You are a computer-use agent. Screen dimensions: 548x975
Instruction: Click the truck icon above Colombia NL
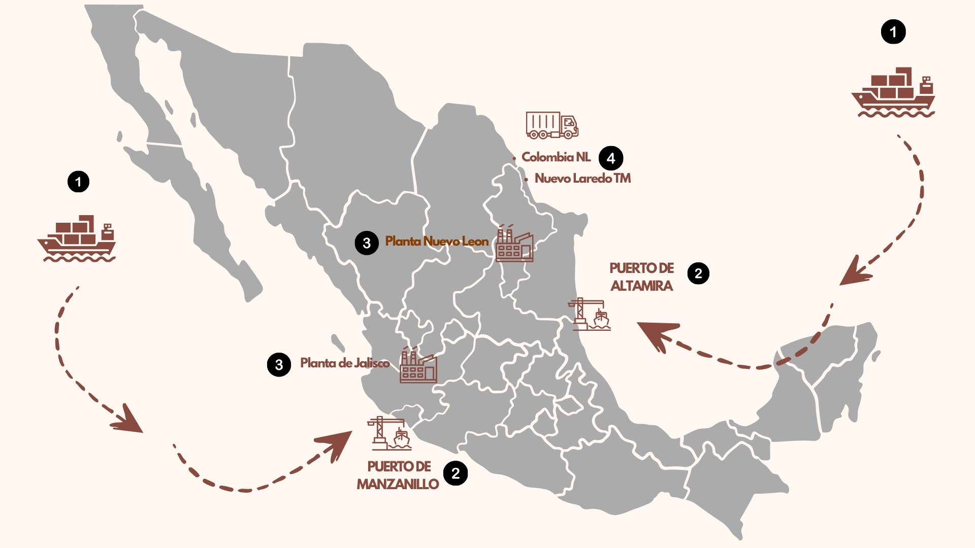(552, 125)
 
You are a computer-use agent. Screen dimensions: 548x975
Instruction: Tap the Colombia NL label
(556, 157)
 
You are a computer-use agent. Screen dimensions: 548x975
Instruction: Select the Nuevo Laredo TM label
(582, 179)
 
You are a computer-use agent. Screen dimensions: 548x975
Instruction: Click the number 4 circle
(611, 158)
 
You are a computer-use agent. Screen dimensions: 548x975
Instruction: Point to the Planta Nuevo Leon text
(437, 242)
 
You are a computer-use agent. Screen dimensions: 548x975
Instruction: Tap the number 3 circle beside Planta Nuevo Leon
(367, 243)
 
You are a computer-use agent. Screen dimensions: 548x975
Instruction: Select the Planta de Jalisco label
(345, 363)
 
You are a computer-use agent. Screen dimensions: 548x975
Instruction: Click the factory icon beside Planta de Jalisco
(418, 365)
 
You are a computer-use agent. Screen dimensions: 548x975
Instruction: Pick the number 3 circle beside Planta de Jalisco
(279, 364)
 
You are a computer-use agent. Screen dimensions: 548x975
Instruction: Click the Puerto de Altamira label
(641, 277)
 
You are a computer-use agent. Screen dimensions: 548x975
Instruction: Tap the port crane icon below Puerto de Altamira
(590, 315)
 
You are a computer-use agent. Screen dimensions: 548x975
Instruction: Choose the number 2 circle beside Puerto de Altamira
(698, 273)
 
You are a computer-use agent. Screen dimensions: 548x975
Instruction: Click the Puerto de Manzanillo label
(398, 475)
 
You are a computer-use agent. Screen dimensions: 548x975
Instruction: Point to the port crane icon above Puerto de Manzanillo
(389, 434)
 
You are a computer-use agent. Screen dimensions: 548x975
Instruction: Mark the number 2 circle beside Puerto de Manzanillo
(456, 473)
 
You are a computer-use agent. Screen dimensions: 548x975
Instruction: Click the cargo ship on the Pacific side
(77, 238)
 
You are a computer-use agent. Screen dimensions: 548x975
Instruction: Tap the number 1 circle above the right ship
(893, 32)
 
